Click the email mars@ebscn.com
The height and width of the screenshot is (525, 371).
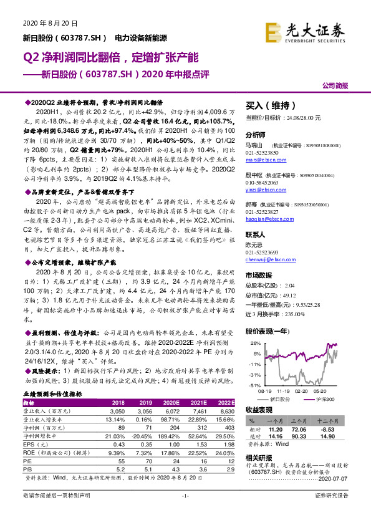click(x=264, y=160)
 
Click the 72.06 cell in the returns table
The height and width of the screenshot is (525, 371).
click(x=301, y=430)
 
